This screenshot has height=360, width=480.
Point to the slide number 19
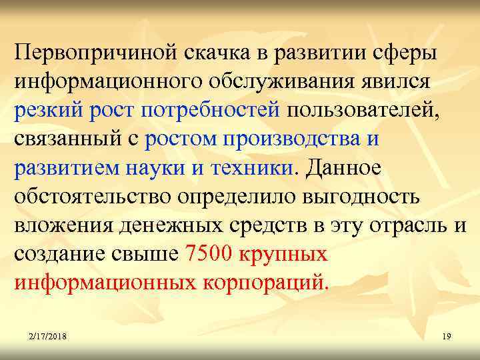coord(446,338)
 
